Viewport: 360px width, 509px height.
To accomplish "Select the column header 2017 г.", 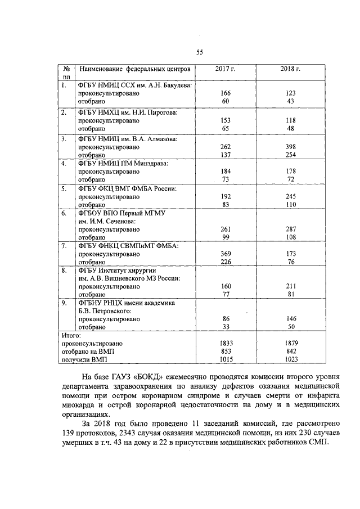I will tap(225, 69).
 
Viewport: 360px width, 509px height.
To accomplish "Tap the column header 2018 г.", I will tap(290, 69).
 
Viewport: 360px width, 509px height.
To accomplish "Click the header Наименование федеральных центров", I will tap(135, 69).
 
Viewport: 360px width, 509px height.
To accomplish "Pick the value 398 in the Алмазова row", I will tap(290, 147).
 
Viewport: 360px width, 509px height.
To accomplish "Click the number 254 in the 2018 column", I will tap(290, 155).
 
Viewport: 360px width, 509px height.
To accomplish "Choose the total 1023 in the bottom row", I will tap(290, 358).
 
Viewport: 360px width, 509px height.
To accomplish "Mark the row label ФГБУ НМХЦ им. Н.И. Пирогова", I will tap(127, 112).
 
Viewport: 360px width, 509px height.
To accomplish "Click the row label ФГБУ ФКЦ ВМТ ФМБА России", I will tap(127, 189).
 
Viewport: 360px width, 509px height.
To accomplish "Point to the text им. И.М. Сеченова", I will tap(107, 221).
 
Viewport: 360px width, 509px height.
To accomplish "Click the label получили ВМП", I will tap(84, 358).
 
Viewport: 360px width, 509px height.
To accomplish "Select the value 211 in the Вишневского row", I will tap(290, 285).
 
